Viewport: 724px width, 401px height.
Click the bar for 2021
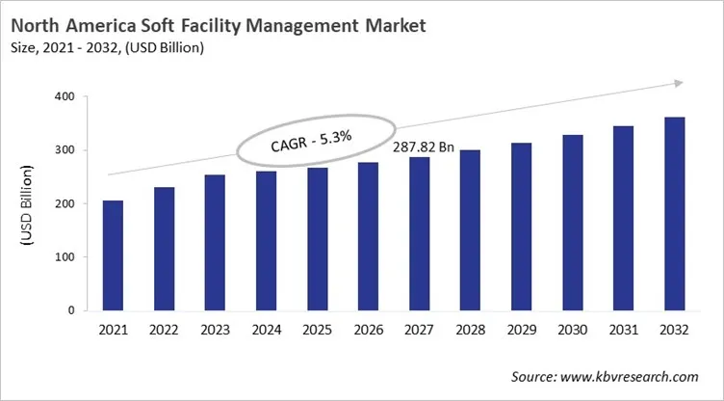tap(113, 255)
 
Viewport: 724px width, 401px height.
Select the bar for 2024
tap(266, 241)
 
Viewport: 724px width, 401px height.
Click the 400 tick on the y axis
tap(65, 96)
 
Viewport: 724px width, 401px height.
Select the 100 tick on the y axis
tap(65, 257)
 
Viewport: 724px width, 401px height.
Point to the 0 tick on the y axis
tap(71, 311)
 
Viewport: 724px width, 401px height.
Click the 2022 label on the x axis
tap(164, 331)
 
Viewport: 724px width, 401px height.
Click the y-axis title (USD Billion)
tap(26, 204)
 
